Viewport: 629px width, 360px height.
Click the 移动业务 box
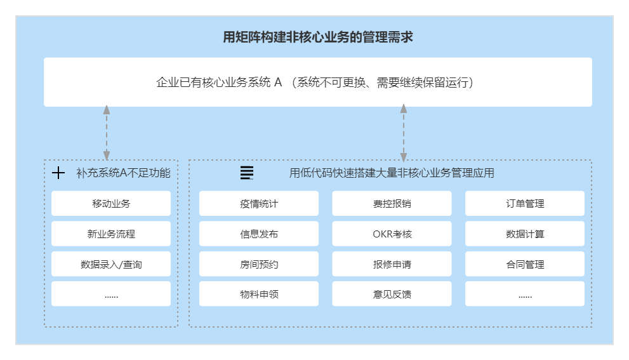point(111,204)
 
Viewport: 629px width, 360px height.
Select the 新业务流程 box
point(111,234)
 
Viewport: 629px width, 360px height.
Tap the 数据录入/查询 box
point(111,264)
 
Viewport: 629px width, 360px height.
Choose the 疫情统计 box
point(259,204)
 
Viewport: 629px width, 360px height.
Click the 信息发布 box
point(259,234)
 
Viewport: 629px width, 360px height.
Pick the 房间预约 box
point(259,264)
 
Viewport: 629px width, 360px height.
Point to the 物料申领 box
point(259,294)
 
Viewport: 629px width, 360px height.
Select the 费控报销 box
point(392,204)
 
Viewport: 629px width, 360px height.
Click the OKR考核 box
point(392,234)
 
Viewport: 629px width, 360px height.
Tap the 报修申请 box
point(392,264)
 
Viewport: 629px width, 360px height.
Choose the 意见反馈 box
point(392,294)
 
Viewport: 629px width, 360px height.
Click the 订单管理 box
point(525,204)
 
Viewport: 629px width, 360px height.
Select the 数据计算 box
point(525,234)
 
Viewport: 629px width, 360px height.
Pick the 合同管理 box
point(525,264)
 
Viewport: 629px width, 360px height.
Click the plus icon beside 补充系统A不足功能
point(58,173)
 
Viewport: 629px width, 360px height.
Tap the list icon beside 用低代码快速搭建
point(247,173)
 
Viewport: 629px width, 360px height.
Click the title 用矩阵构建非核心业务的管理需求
point(318,37)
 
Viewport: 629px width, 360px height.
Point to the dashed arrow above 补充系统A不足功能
point(107,133)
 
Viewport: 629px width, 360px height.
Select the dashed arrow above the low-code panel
point(403,133)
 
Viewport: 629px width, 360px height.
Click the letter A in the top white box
point(277,83)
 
